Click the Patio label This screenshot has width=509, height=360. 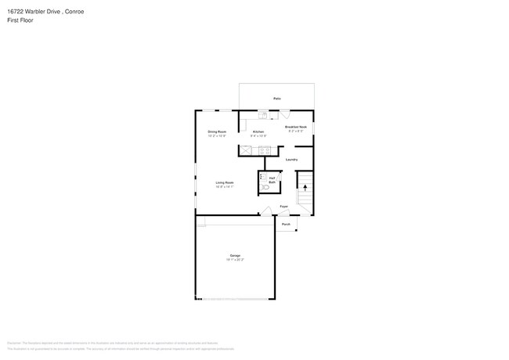click(x=277, y=99)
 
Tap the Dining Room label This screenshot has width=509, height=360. click(x=217, y=131)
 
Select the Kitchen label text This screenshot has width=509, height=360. click(x=258, y=131)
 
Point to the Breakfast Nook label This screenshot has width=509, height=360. click(x=296, y=127)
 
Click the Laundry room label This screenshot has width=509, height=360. click(x=291, y=160)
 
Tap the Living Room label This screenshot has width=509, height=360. click(x=225, y=182)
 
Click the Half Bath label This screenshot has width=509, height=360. click(x=272, y=179)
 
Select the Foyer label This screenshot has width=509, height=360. click(x=283, y=207)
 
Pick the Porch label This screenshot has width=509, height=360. click(x=286, y=224)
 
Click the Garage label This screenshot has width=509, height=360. click(x=235, y=255)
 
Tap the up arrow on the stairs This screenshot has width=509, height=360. click(x=305, y=188)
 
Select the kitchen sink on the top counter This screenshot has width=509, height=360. click(x=264, y=115)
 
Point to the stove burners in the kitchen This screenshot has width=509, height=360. click(x=265, y=149)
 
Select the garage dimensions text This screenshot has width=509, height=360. click(x=235, y=260)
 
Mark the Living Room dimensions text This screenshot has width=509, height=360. click(x=225, y=187)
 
